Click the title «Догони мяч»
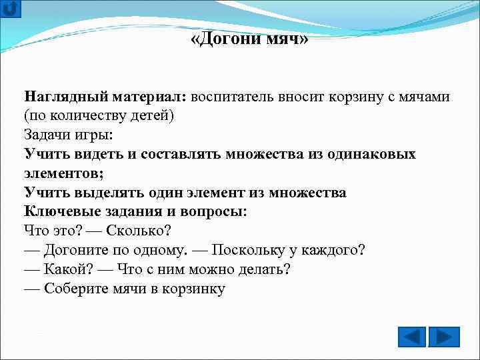coord(249,39)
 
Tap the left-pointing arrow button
coord(412,337)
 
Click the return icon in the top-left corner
coord(11,9)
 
